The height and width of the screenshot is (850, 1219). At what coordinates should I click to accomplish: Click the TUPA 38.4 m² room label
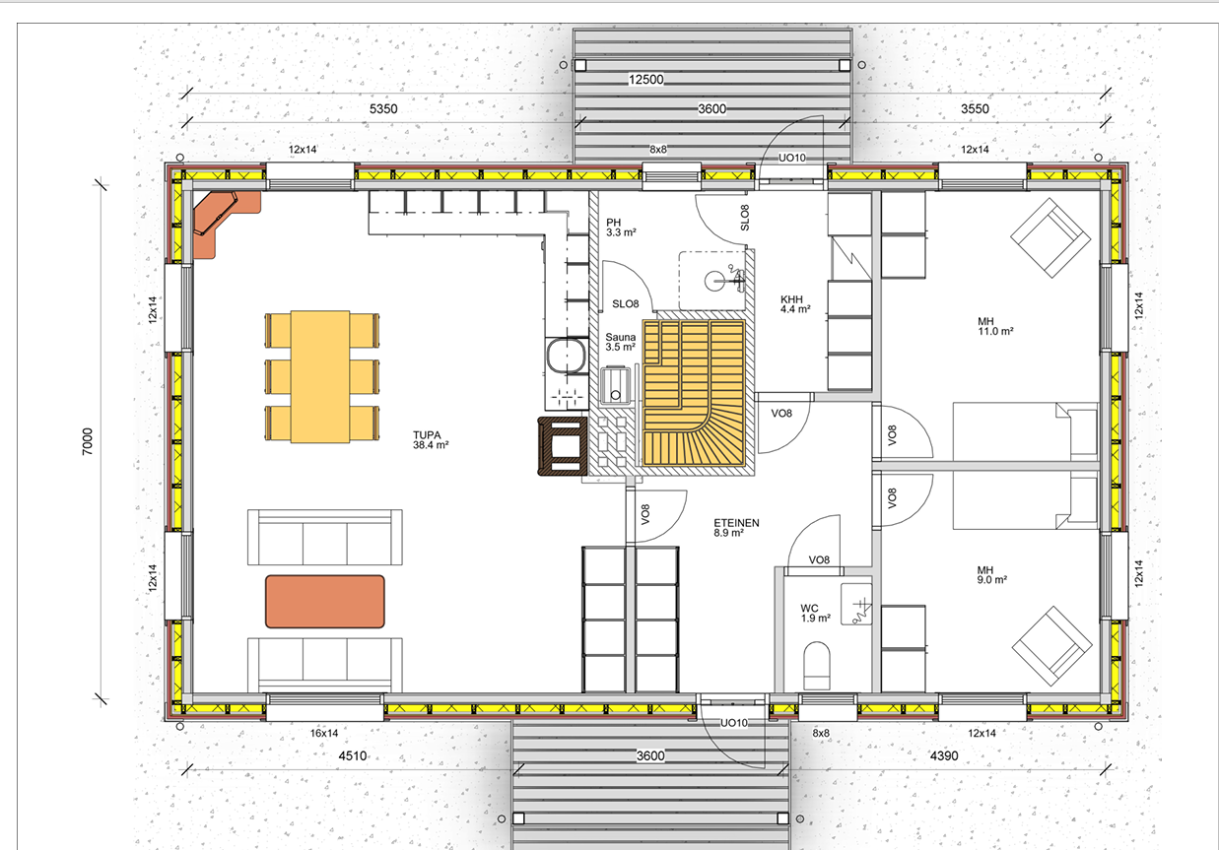tap(431, 440)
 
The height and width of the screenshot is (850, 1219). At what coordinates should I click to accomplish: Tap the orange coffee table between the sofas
tap(325, 602)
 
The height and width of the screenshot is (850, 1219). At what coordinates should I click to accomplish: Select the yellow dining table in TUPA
tap(320, 377)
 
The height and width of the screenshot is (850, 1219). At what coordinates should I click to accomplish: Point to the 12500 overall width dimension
tap(645, 80)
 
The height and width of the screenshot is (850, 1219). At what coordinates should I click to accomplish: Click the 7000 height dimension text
tap(88, 441)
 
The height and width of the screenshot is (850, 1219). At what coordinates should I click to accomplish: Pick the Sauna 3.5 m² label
tap(621, 342)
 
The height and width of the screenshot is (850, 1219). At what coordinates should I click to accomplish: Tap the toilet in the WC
tap(816, 666)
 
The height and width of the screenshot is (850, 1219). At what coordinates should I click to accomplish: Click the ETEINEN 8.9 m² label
tap(736, 528)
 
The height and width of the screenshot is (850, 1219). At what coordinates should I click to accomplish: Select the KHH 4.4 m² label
tap(795, 304)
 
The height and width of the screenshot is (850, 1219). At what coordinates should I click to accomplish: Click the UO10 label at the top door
tap(791, 158)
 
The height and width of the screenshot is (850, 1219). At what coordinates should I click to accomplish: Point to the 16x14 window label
tap(324, 733)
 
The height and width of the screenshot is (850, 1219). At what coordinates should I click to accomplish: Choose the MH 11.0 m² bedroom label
tap(995, 326)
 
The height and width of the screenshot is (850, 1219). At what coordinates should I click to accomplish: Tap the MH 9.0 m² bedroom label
tap(992, 575)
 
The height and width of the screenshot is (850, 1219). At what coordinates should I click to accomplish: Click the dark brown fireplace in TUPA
tap(563, 446)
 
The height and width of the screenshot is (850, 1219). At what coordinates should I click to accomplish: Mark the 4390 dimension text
tap(944, 755)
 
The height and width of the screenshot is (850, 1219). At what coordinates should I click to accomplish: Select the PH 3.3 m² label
tap(621, 228)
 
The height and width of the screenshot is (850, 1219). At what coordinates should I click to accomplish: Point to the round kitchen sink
tap(567, 356)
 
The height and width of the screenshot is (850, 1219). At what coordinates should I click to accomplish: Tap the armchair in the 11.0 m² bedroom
tap(1050, 237)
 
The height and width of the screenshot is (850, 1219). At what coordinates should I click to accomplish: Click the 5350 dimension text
tap(383, 108)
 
